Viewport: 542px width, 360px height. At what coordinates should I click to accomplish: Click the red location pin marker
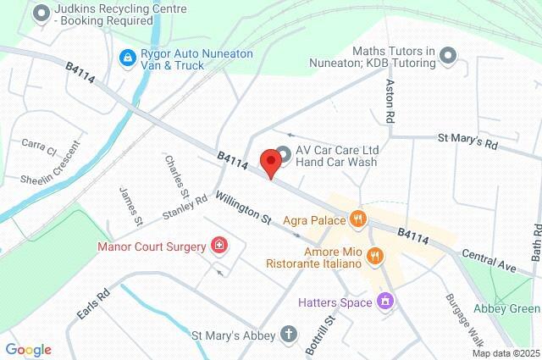click(x=271, y=162)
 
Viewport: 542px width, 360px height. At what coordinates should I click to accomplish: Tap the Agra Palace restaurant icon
click(x=358, y=219)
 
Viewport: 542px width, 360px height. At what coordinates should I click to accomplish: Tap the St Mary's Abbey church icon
click(x=289, y=335)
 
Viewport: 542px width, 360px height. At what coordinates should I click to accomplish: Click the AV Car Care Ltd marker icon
click(x=283, y=153)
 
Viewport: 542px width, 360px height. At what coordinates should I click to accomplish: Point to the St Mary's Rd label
click(x=467, y=140)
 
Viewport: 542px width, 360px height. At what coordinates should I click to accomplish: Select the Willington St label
click(x=242, y=208)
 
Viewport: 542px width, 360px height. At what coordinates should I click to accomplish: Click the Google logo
click(x=28, y=349)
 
